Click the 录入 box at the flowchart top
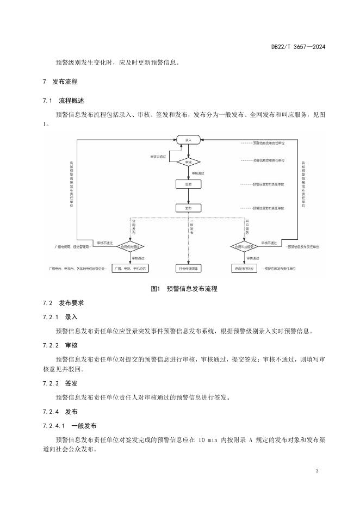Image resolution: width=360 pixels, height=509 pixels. (x=188, y=140)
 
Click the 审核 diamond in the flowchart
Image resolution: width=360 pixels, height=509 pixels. (x=188, y=162)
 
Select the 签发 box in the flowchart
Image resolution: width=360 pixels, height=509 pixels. (x=188, y=184)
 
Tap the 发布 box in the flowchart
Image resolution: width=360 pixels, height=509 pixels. (x=188, y=208)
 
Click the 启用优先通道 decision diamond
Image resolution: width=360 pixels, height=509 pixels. (x=130, y=246)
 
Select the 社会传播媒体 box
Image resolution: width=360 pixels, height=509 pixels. (x=188, y=268)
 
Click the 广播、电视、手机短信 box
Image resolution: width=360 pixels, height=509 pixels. (x=130, y=268)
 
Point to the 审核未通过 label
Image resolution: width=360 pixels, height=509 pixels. (x=160, y=157)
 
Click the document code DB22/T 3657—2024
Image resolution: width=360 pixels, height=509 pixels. (x=298, y=47)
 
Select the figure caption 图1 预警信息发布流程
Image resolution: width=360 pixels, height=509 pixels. (x=184, y=289)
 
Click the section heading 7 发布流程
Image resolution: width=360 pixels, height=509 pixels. (x=60, y=82)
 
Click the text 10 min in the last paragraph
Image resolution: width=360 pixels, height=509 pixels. (x=208, y=439)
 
